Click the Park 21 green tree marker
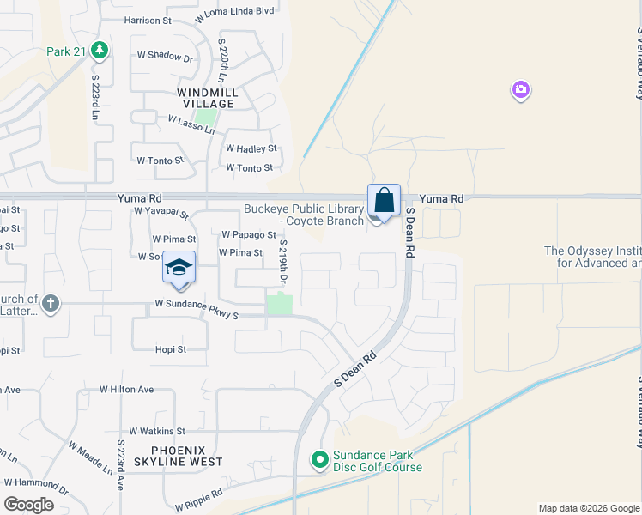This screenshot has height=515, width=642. coord(100,51)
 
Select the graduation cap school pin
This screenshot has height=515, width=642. coord(179,267)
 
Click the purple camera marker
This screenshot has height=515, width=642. coord(520,89)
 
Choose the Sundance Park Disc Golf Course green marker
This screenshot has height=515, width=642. coord(319,461)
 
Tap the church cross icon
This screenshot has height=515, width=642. coord(51,303)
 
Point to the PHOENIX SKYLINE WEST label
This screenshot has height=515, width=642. coord(175,456)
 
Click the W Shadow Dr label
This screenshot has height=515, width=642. coord(165,56)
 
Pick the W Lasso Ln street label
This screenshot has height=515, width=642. coord(191,125)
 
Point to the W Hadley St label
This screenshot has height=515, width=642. coord(251,148)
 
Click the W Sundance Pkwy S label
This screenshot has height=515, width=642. coord(196,304)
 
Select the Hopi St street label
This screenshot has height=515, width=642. coord(170,349)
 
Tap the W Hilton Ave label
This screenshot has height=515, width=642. coord(126,389)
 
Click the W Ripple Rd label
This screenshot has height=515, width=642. coord(198,499)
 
